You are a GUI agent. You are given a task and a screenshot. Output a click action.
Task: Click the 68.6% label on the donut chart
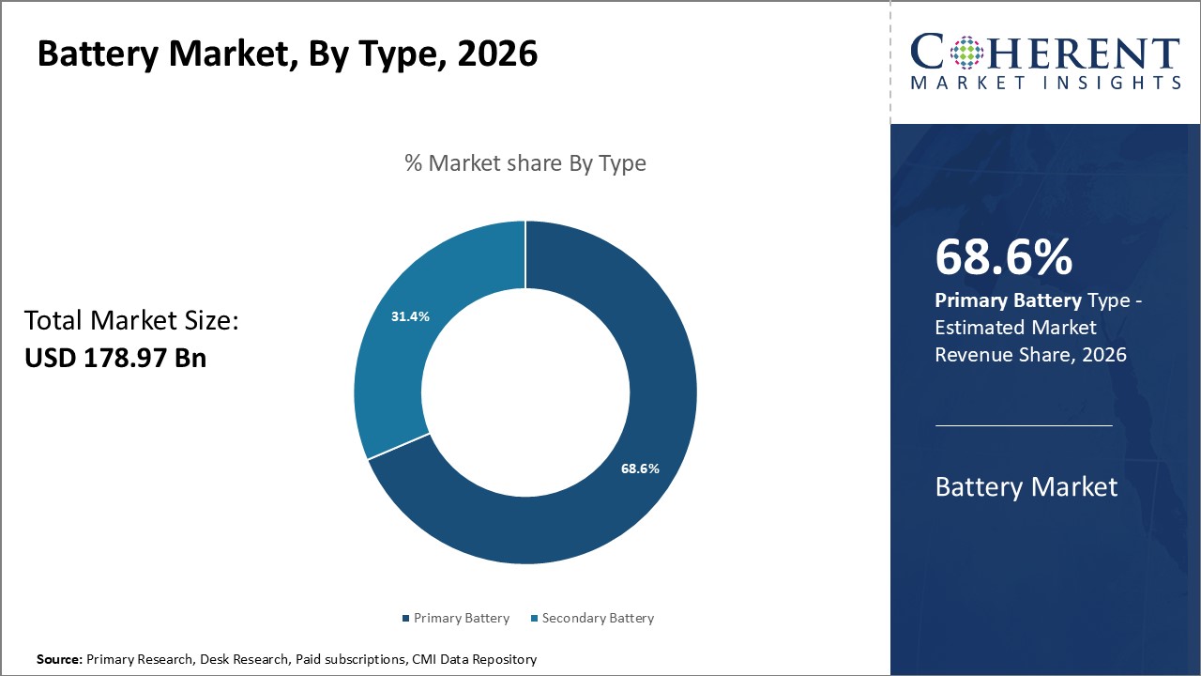coord(640,469)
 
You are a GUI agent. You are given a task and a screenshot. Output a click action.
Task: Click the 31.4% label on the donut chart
coord(410,316)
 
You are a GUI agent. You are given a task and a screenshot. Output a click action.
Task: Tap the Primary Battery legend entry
coord(455,618)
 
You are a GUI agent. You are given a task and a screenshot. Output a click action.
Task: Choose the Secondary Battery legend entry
coord(592,618)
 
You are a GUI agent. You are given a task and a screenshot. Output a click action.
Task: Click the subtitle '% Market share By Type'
coord(525,163)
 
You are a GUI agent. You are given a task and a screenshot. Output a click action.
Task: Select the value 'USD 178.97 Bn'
coord(114,358)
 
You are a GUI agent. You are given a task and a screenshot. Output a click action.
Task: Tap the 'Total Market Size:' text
coord(131,321)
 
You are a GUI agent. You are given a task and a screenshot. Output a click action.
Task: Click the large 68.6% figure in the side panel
coord(1003,258)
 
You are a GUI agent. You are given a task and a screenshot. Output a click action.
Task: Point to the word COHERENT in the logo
coord(1045,53)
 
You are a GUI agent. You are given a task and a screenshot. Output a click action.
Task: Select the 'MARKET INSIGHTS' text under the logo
coord(1045,84)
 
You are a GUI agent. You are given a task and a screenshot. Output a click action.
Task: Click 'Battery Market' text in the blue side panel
coord(1026,486)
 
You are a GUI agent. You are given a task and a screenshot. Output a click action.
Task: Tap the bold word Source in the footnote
coord(59,659)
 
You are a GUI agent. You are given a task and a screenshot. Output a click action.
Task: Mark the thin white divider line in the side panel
coord(1024,425)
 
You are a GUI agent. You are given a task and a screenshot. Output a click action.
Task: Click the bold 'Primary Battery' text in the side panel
coord(1008,300)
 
